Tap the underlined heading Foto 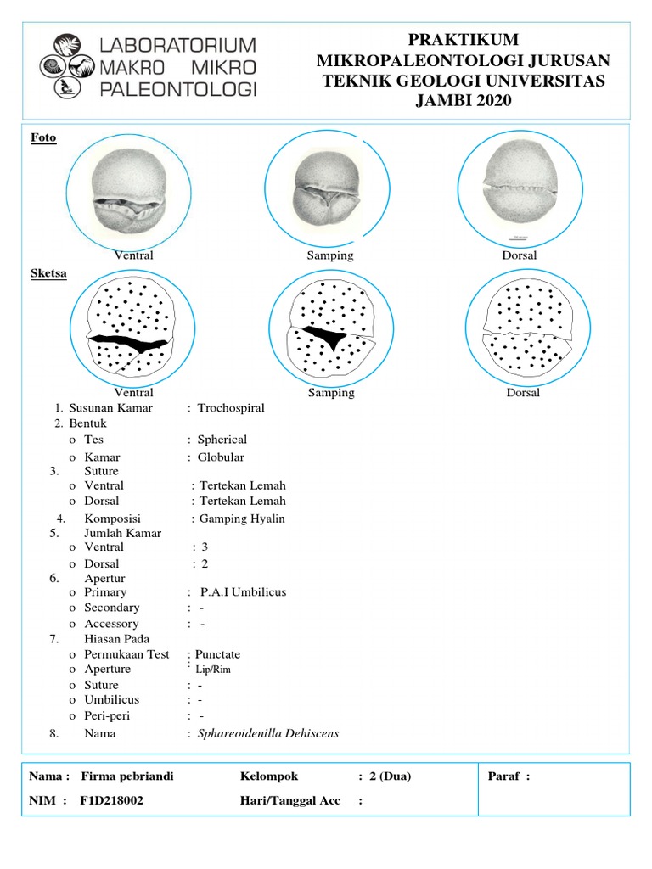[x=43, y=137]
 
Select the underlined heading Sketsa [x=48, y=274]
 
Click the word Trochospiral [x=231, y=408]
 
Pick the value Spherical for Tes [x=222, y=440]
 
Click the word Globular [x=221, y=457]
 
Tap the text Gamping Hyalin [x=242, y=519]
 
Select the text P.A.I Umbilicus [x=243, y=592]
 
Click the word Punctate [x=218, y=654]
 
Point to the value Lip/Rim [x=213, y=670]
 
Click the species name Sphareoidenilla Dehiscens [x=268, y=733]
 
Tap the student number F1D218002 [x=112, y=799]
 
